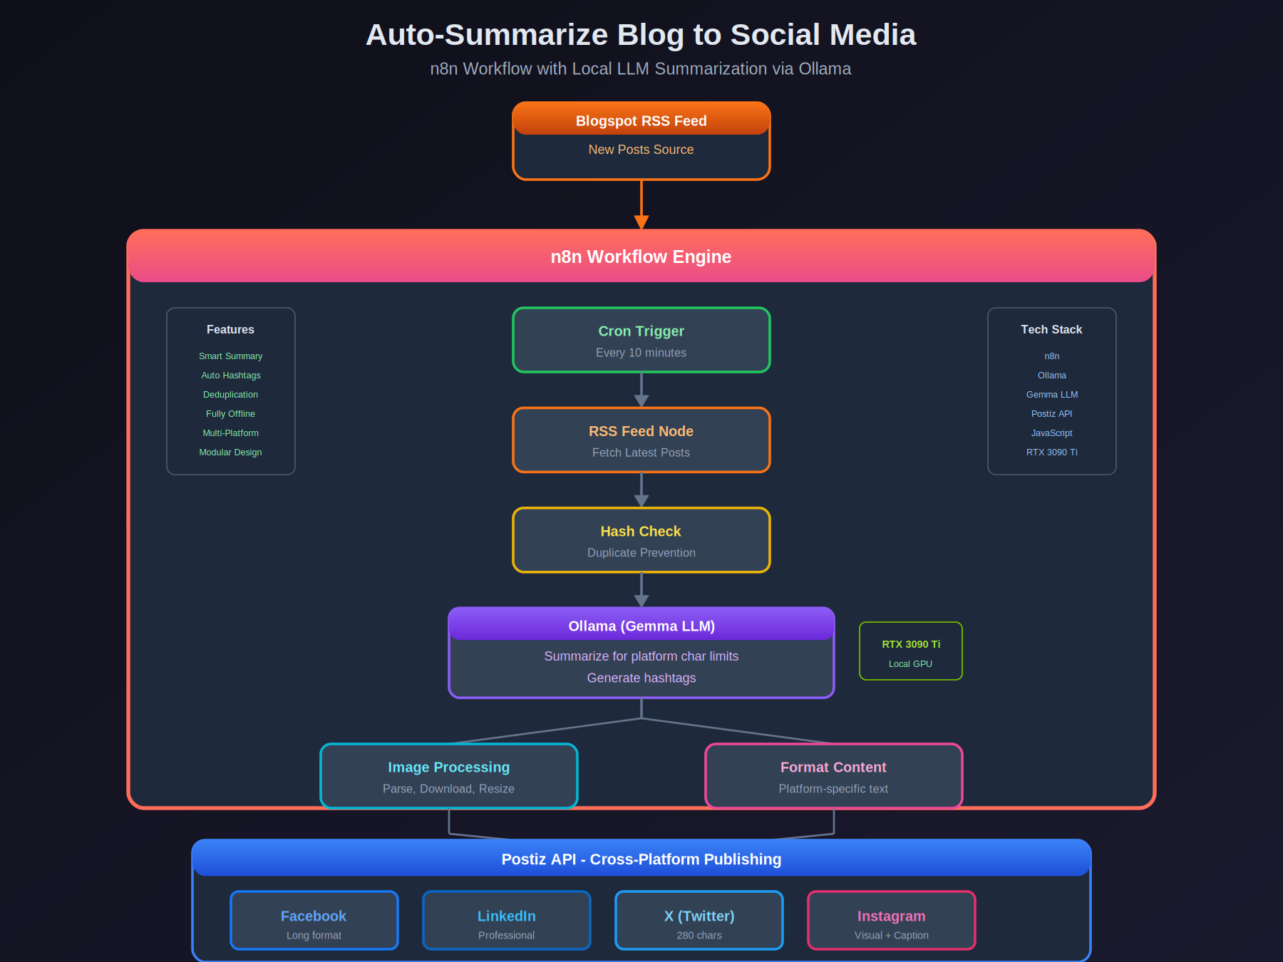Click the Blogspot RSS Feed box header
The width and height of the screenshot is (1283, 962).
(641, 120)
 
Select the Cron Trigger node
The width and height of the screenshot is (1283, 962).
(641, 340)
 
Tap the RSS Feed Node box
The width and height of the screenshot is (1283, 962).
(641, 440)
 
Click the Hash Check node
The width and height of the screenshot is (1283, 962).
(641, 540)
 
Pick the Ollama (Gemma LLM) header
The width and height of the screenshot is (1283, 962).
(641, 625)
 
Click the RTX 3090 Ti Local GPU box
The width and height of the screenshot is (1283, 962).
(910, 651)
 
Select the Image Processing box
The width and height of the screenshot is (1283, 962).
(448, 776)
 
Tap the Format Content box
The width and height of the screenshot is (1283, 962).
(833, 776)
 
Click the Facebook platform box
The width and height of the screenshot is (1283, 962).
(314, 921)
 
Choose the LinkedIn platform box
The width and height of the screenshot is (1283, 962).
(506, 921)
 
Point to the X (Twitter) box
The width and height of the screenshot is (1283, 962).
(699, 921)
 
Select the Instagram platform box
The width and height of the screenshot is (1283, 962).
(891, 921)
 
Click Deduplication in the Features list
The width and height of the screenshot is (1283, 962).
(230, 395)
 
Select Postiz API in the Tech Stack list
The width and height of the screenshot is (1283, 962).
(1051, 414)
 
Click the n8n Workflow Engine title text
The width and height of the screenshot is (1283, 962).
(641, 257)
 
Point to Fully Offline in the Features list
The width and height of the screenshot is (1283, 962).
(230, 414)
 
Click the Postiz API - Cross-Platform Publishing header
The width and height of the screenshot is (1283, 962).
(641, 859)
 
